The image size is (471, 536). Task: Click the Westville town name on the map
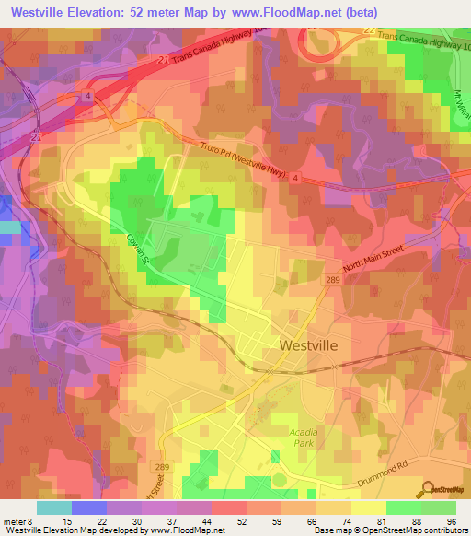coord(307,344)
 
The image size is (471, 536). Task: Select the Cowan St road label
coord(138,250)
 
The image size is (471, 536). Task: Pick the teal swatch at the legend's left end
coord(53,507)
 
